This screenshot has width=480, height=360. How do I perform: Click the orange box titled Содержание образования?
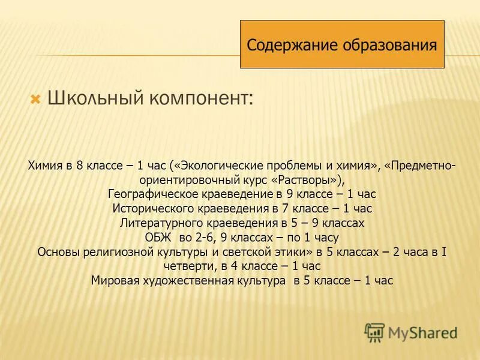coord(342,44)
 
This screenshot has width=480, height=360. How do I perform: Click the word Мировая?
coord(112,280)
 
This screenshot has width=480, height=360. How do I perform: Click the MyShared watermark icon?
coord(375,332)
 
